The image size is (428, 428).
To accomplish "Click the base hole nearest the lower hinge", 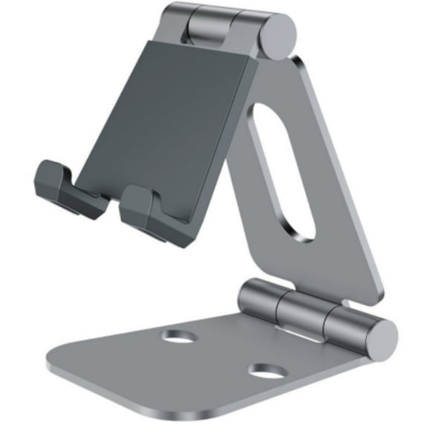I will [x=178, y=337].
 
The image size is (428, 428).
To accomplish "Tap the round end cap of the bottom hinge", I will [x=380, y=337].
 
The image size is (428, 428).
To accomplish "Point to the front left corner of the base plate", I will [x=56, y=364].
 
